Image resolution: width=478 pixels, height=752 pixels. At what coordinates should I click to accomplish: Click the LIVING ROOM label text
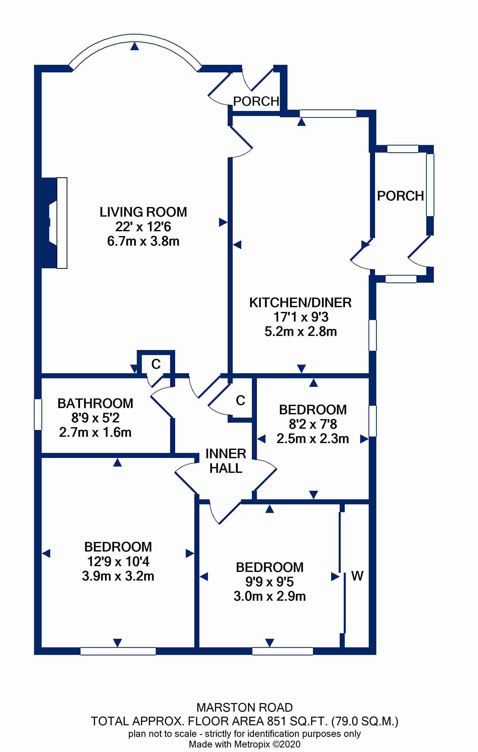click(143, 212)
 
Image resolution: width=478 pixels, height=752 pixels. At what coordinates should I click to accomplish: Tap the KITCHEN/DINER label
click(300, 303)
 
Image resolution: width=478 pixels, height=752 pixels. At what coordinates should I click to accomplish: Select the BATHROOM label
click(95, 403)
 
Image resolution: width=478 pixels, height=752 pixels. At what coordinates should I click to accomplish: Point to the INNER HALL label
click(226, 461)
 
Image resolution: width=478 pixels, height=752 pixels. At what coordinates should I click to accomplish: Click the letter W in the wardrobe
click(357, 576)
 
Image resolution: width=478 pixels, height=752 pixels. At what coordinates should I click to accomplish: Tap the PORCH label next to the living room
click(256, 101)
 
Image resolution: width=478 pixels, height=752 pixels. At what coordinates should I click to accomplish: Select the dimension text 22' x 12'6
click(143, 227)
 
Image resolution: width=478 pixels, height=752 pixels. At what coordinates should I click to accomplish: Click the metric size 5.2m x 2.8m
click(300, 331)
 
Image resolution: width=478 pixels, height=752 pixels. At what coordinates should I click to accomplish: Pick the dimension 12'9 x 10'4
click(118, 562)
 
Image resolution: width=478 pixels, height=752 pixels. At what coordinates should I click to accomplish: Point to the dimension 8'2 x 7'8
click(313, 424)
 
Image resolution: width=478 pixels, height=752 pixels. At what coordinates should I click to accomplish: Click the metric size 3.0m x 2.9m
click(270, 596)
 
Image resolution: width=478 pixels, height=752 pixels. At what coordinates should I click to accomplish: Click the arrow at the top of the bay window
click(135, 46)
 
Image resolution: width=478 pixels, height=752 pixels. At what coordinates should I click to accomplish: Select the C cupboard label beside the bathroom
click(156, 364)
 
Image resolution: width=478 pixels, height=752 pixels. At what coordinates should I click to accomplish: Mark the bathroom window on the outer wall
click(38, 414)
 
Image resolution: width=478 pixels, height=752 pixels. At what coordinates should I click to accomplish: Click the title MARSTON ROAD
click(245, 707)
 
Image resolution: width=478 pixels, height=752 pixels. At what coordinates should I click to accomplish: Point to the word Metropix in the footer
click(252, 744)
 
